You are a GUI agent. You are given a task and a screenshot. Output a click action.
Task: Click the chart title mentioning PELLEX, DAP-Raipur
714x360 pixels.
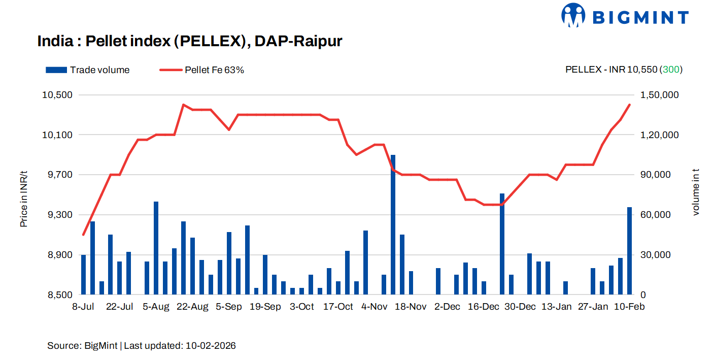190,42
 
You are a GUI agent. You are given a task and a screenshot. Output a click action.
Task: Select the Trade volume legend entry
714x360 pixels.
88,70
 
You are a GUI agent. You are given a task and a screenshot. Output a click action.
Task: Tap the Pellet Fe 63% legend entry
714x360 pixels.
202,70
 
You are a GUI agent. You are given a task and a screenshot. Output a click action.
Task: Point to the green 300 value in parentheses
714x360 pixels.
671,70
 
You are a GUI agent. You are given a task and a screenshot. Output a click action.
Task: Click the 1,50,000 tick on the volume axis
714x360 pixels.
661,95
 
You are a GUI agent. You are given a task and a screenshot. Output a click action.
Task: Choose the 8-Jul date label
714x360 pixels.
84,307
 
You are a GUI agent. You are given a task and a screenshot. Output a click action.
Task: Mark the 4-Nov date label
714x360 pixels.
374,307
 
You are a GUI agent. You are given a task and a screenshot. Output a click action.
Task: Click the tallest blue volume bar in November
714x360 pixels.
393,224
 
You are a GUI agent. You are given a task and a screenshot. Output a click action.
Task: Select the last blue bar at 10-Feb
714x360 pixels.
630,251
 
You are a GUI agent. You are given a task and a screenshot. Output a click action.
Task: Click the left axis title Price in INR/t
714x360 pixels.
24,199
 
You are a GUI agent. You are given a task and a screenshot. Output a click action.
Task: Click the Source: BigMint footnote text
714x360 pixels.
142,346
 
